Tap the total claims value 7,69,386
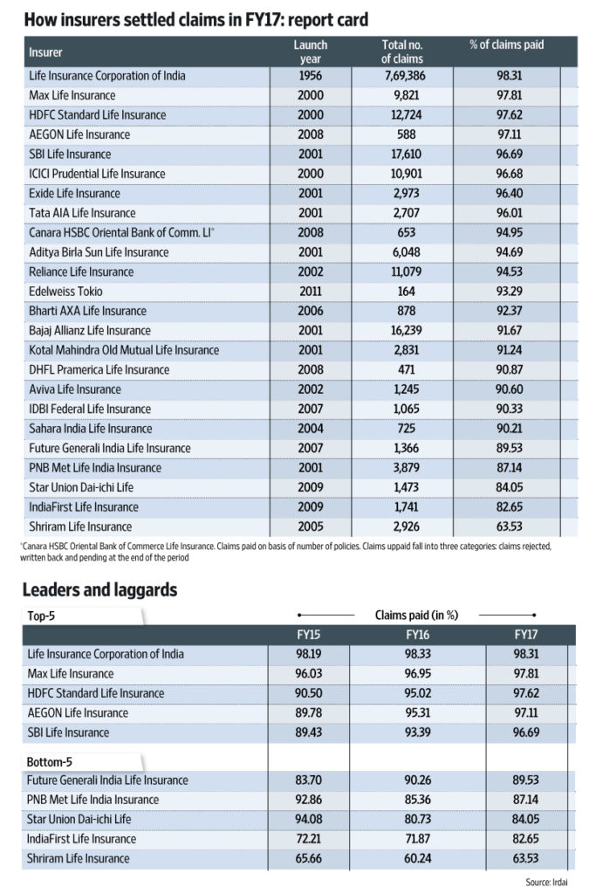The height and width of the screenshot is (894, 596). coord(402,75)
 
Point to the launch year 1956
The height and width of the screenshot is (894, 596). coord(311,75)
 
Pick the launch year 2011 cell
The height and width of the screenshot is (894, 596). coord(311,291)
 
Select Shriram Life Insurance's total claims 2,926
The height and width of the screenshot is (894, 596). coord(402,526)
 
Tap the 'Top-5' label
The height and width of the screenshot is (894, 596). coord(42,615)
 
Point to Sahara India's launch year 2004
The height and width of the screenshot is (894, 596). coord(311,429)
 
